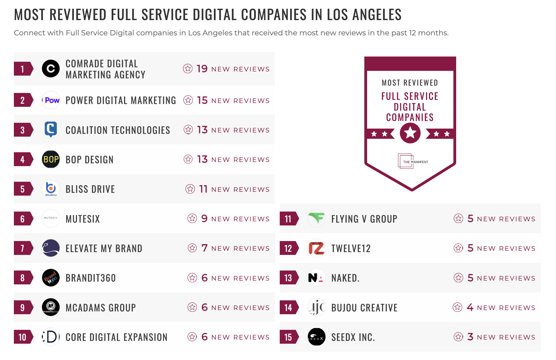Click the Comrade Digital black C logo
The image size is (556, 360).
click(51, 69)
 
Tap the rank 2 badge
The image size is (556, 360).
click(23, 100)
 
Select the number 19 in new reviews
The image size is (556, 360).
click(202, 69)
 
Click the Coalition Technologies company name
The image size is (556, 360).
click(118, 130)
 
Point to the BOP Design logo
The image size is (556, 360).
click(51, 159)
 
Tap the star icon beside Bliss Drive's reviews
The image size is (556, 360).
click(190, 189)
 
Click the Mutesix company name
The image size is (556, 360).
click(83, 219)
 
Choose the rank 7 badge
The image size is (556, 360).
click(23, 248)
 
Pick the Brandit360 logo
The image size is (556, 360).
click(51, 278)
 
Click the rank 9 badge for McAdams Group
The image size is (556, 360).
click(23, 308)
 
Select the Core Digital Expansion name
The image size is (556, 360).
click(116, 337)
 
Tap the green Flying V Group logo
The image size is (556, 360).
click(316, 218)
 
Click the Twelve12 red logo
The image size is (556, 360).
click(316, 248)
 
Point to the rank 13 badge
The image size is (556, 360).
click(288, 278)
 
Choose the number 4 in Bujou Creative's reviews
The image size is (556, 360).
click(470, 307)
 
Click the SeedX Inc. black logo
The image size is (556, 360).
click(316, 337)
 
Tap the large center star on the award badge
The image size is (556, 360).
click(410, 133)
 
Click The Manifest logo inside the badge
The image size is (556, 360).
click(412, 161)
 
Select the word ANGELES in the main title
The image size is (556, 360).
click(377, 15)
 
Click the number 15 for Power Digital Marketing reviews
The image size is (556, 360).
click(202, 100)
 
